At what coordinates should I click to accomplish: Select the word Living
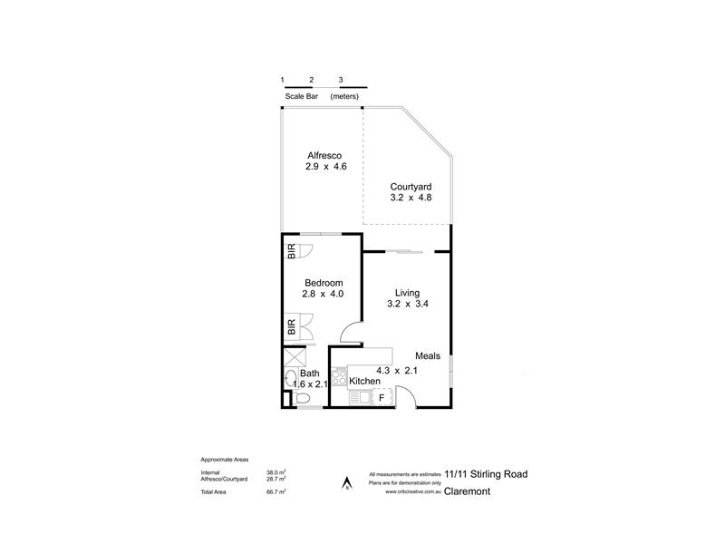[x=407, y=292]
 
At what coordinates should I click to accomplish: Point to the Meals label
[x=430, y=355]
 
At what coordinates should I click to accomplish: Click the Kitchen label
[x=364, y=382]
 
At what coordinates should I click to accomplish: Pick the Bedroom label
[x=322, y=281]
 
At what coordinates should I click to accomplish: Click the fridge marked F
[x=382, y=397]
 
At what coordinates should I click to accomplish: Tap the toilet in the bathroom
[x=301, y=397]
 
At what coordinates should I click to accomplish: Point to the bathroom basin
[x=290, y=378]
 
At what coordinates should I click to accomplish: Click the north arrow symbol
[x=344, y=482]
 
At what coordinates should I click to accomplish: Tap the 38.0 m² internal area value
[x=276, y=472]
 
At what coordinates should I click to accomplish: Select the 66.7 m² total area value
[x=276, y=491]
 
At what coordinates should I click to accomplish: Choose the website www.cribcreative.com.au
[x=413, y=493]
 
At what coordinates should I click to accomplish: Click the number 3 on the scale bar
[x=341, y=80]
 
